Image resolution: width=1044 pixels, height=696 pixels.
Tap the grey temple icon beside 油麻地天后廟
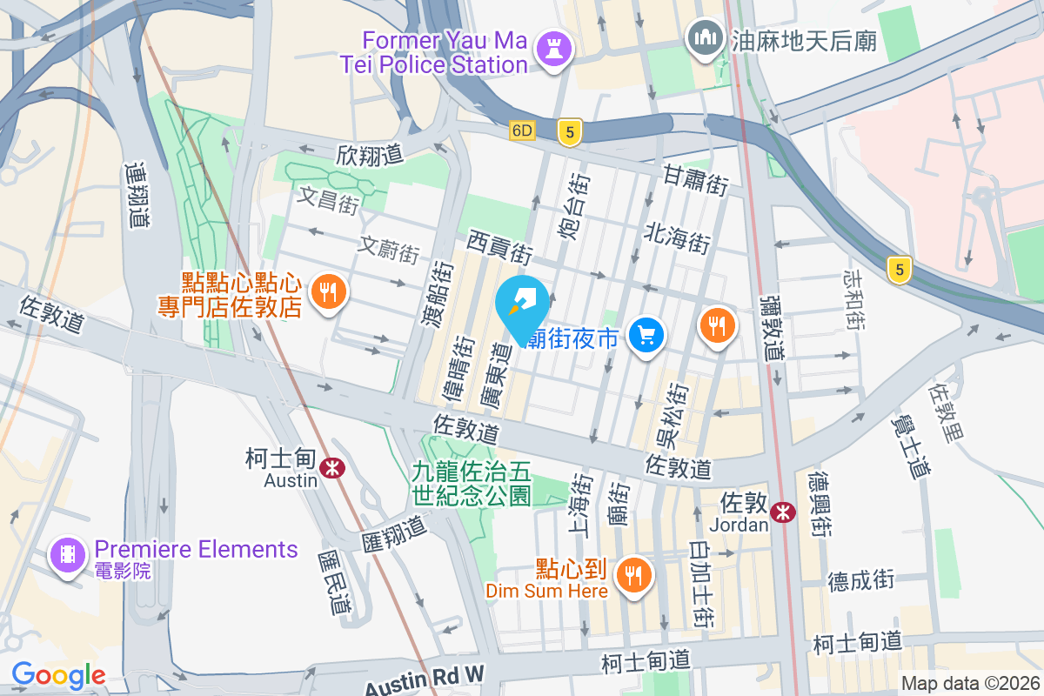coord(706,38)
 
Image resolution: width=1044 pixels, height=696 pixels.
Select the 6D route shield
coord(521,130)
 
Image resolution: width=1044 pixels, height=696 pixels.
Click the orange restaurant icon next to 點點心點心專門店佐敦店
coord(328,292)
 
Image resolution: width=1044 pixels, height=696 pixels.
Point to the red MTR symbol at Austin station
coord(331,468)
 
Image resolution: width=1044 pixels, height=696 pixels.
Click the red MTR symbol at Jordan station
coord(783,512)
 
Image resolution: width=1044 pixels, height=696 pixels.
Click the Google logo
coord(58,675)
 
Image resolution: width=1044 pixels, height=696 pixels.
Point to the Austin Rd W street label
coord(425,677)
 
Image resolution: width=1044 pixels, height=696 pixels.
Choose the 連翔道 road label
coord(137,195)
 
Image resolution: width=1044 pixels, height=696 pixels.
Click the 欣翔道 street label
coord(370,155)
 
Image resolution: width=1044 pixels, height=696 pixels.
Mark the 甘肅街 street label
coord(695,180)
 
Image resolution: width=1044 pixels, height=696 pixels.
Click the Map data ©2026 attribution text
coord(969,684)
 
